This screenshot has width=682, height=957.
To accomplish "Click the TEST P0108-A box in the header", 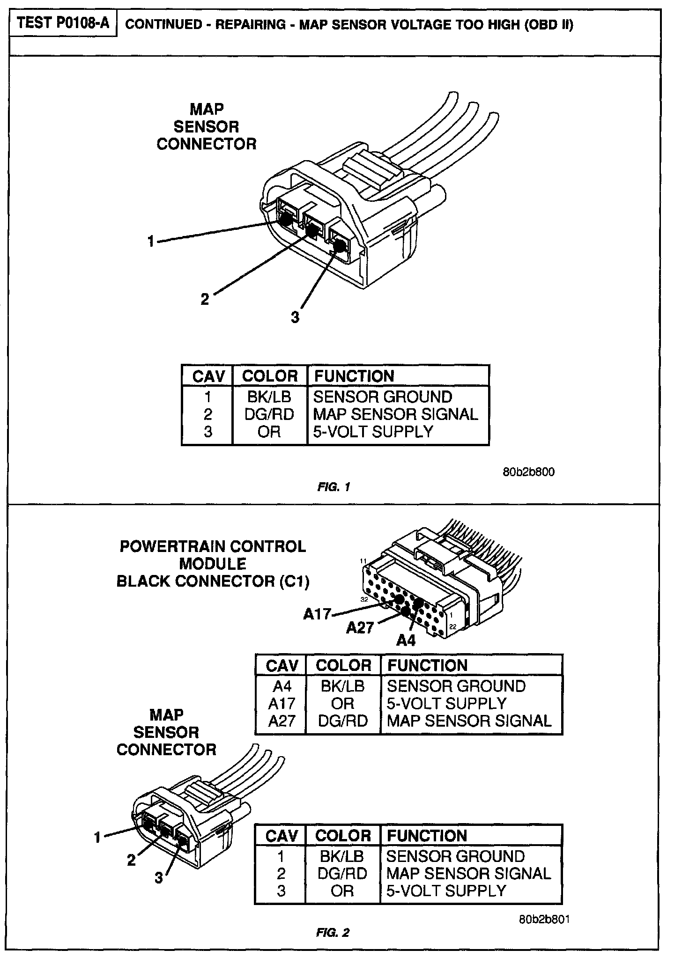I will [x=63, y=23].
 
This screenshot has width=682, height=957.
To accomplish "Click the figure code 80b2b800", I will [x=529, y=472].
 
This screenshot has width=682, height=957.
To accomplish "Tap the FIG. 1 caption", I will [x=334, y=487].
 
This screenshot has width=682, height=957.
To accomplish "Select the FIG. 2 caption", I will [x=333, y=933].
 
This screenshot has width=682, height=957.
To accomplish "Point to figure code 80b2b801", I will [x=544, y=919].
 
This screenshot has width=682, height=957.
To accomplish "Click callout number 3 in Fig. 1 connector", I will [x=295, y=317].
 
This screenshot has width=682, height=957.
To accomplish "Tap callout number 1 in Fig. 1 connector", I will [x=151, y=242].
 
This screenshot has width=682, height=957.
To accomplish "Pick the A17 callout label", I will [x=317, y=614].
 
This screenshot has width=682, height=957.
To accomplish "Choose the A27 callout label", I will [x=360, y=628].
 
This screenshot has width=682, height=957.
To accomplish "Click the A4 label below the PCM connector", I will [x=406, y=640].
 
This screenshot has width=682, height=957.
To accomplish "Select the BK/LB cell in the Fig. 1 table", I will [x=269, y=397].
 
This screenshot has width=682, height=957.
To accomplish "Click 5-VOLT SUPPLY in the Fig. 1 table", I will [x=373, y=432].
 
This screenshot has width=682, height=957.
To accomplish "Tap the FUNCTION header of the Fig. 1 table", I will [x=354, y=376].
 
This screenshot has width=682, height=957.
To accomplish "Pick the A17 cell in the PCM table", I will [x=282, y=704].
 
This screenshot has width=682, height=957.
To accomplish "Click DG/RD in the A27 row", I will [x=343, y=721].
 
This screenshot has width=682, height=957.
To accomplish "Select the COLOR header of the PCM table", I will [x=343, y=665].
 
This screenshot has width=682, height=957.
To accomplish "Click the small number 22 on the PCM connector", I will [x=453, y=626].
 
